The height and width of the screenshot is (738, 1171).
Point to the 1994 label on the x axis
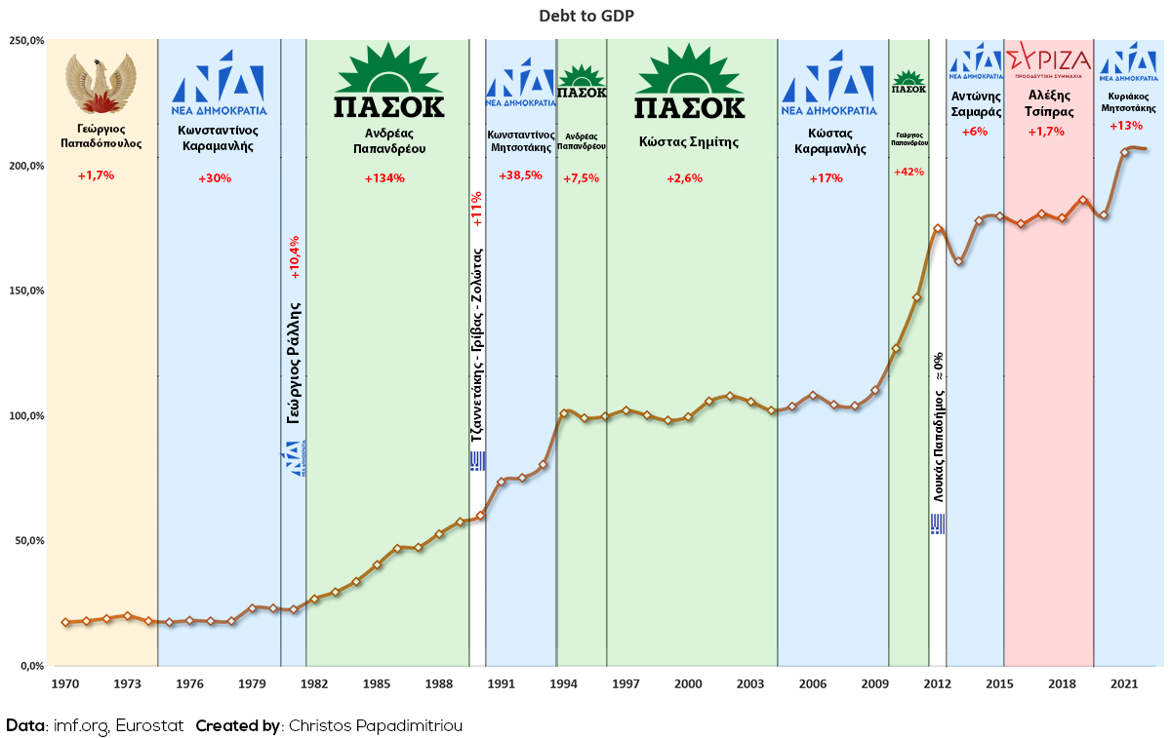(563, 683)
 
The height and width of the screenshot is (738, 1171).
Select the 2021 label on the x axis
(1123, 683)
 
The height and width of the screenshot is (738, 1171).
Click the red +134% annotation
(384, 178)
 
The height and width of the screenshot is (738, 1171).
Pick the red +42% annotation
(909, 172)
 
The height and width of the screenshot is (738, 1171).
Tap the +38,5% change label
(520, 175)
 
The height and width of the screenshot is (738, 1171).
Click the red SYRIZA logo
(1048, 59)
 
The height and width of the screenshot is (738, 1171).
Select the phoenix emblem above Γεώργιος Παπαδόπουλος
(101, 85)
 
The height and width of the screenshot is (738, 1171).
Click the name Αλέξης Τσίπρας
(1049, 103)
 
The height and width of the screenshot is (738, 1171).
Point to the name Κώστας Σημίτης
(689, 141)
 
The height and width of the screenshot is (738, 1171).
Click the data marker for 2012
(938, 229)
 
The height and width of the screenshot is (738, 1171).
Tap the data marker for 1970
(65, 622)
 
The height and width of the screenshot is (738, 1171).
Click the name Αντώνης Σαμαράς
(977, 103)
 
